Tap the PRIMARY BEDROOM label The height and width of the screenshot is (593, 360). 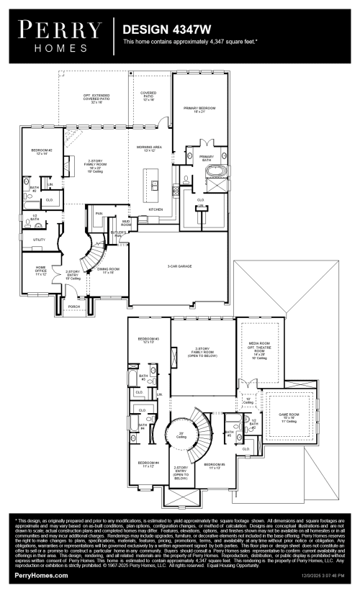[199, 109]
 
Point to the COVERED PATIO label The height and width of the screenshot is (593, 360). [148, 94]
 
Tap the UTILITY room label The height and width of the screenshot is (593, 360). [39, 239]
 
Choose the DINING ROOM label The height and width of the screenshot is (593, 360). [107, 270]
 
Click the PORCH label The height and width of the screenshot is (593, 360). [73, 305]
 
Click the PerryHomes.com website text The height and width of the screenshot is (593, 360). [42, 575]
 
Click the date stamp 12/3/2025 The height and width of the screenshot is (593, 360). [315, 576]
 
